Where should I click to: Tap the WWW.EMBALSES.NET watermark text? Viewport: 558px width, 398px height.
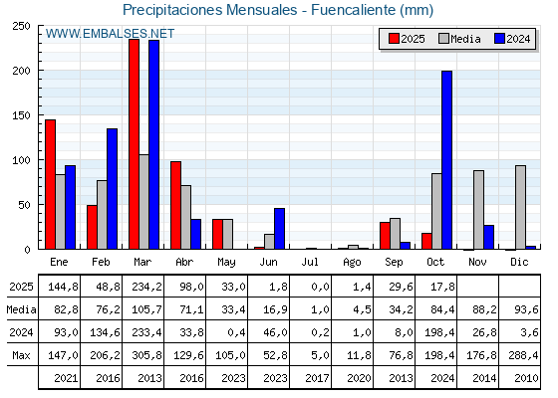pos(110,34)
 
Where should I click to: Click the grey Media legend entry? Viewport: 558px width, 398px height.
pos(458,39)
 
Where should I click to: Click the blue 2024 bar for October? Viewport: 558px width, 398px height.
pos(446,159)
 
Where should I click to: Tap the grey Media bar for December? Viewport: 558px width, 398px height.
pos(520,207)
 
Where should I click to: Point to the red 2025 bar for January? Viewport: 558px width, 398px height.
pos(50,184)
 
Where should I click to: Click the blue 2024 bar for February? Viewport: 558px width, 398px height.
pos(112,189)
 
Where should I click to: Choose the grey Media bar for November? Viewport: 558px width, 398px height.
pos(478,209)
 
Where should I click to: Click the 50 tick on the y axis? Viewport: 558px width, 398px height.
pos(25,204)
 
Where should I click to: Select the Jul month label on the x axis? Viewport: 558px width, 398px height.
pos(311,261)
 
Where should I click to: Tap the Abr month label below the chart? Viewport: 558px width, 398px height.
pos(185,261)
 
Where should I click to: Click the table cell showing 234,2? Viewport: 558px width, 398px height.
pos(143,288)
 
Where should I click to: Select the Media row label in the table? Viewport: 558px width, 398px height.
pos(19,310)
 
